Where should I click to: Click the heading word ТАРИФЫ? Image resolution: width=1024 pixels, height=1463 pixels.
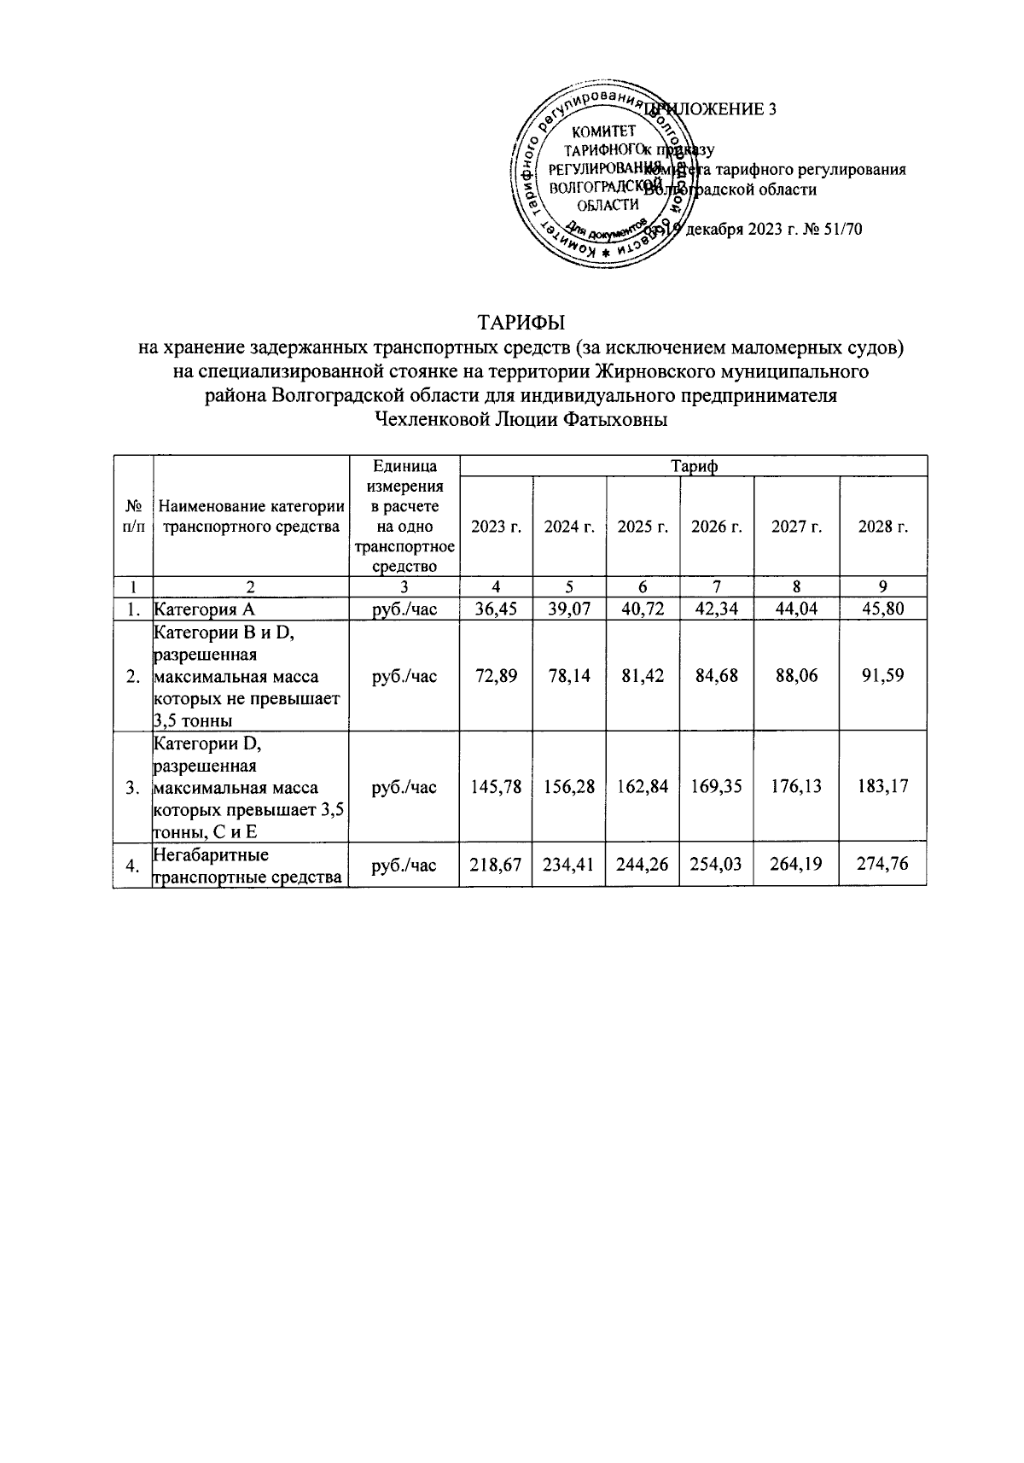[x=521, y=323]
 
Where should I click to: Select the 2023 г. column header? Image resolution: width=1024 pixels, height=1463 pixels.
[x=496, y=527]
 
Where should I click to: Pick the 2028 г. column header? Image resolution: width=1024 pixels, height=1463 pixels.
[x=883, y=527]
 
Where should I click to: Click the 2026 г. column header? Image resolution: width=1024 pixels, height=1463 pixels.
[x=716, y=527]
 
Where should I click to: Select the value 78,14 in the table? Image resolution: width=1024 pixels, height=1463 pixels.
[x=569, y=676]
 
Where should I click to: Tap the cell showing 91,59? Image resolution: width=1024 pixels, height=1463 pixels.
[x=883, y=676]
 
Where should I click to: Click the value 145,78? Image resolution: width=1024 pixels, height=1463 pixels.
[x=496, y=786]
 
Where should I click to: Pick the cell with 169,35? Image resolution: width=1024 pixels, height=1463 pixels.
[x=716, y=786]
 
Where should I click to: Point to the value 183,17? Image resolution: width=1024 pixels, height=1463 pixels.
[x=883, y=786]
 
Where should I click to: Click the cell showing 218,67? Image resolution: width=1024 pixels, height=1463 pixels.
[x=496, y=866]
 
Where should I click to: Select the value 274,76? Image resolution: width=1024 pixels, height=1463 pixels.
[x=883, y=866]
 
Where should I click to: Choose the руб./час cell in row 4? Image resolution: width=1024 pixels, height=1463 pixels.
[x=404, y=866]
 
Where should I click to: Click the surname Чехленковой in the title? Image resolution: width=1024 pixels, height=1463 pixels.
[x=433, y=420]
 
